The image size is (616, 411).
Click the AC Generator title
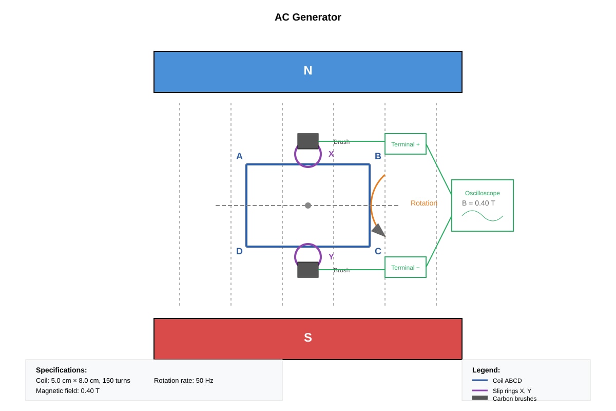307,17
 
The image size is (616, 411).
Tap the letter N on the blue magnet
307,70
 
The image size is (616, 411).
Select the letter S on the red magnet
307,338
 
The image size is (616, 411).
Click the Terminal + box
406,144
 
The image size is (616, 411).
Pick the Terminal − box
406,267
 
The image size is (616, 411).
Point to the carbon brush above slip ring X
307,141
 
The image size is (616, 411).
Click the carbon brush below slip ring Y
307,270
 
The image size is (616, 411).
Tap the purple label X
331,154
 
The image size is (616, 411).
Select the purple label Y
331,257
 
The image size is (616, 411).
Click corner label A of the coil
239,156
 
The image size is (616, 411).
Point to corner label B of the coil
378,156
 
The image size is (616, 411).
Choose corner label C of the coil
378,251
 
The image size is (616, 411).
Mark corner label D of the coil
239,251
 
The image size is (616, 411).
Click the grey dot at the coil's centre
307,206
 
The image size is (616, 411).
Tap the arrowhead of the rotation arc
379,231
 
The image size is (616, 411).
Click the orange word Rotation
424,203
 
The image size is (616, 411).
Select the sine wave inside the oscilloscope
483,216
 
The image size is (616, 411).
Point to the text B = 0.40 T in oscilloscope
478,203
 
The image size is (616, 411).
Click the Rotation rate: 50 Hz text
183,381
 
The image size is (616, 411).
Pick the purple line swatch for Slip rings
480,390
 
